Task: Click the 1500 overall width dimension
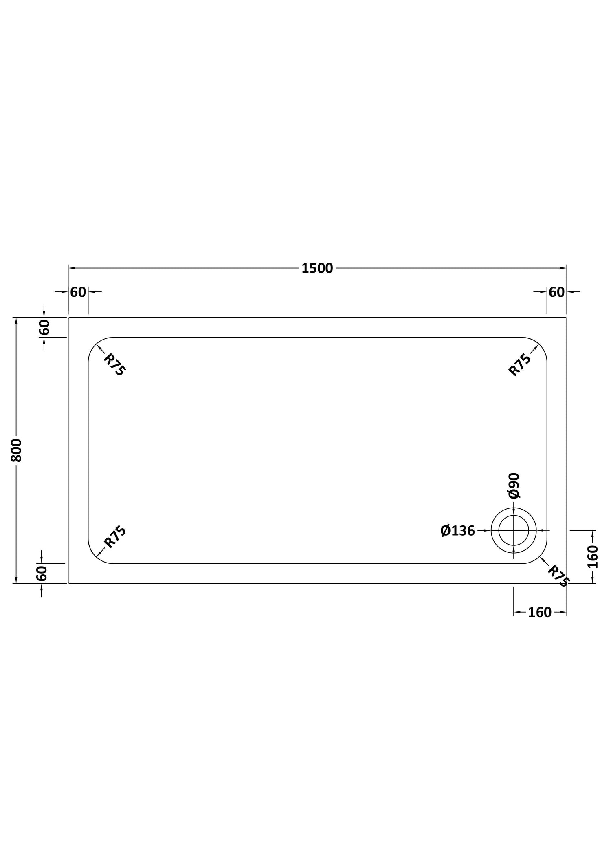(317, 269)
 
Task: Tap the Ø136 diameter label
(458, 531)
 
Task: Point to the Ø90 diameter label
(514, 485)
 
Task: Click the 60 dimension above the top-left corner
(78, 292)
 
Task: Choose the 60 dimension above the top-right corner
(557, 292)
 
